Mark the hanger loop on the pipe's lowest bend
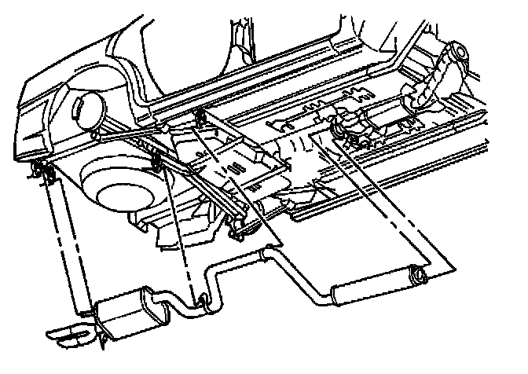click(202, 299)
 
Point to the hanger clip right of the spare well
click(155, 163)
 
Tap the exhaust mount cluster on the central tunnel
click(350, 130)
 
